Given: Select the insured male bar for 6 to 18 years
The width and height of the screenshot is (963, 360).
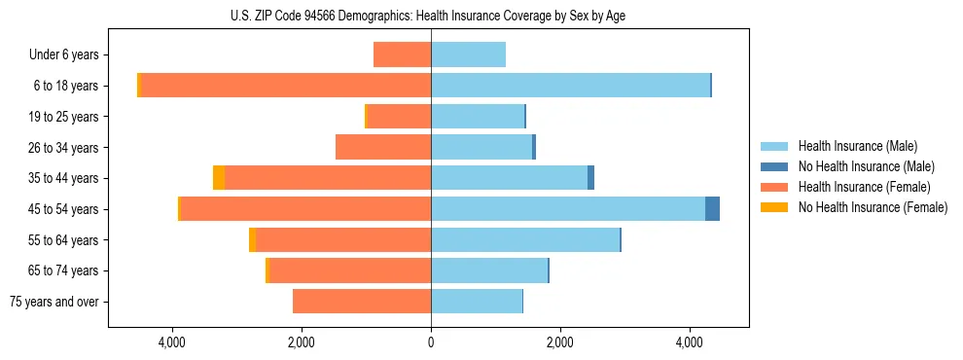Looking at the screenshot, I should point(570,86).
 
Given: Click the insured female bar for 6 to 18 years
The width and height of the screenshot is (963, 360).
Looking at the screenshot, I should point(286,86).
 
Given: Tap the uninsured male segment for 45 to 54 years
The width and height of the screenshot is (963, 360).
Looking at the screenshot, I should point(712,209).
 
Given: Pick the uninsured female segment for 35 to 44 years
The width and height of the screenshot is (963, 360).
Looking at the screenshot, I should point(219,178).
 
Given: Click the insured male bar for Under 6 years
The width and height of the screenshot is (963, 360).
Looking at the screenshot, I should point(468,54).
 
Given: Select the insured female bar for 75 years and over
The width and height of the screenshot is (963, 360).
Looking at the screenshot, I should point(362,302).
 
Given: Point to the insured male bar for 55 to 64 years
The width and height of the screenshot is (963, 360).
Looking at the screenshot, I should point(525,240).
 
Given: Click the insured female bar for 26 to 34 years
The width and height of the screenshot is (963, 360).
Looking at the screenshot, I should point(383,147).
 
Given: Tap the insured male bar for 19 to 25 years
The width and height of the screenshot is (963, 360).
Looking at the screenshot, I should point(478,117).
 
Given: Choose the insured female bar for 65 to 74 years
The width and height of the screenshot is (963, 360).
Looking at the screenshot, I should point(350,270).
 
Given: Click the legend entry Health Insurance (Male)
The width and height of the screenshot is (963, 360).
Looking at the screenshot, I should point(856,146).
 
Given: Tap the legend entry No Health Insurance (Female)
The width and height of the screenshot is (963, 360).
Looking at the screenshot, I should point(872,207).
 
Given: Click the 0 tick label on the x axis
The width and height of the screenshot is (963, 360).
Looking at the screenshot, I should point(431,342).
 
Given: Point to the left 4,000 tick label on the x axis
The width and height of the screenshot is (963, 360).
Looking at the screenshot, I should point(172,342).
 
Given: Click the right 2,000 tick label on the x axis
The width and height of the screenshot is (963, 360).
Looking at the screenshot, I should point(559,342).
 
